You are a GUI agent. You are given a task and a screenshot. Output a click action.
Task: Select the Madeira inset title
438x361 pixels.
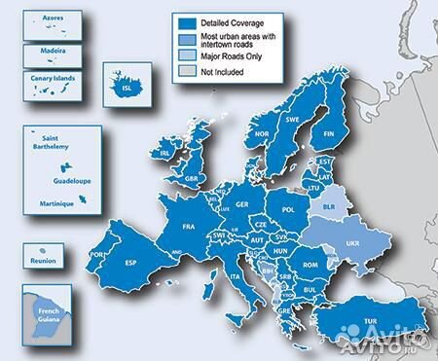(x=47, y=47)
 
